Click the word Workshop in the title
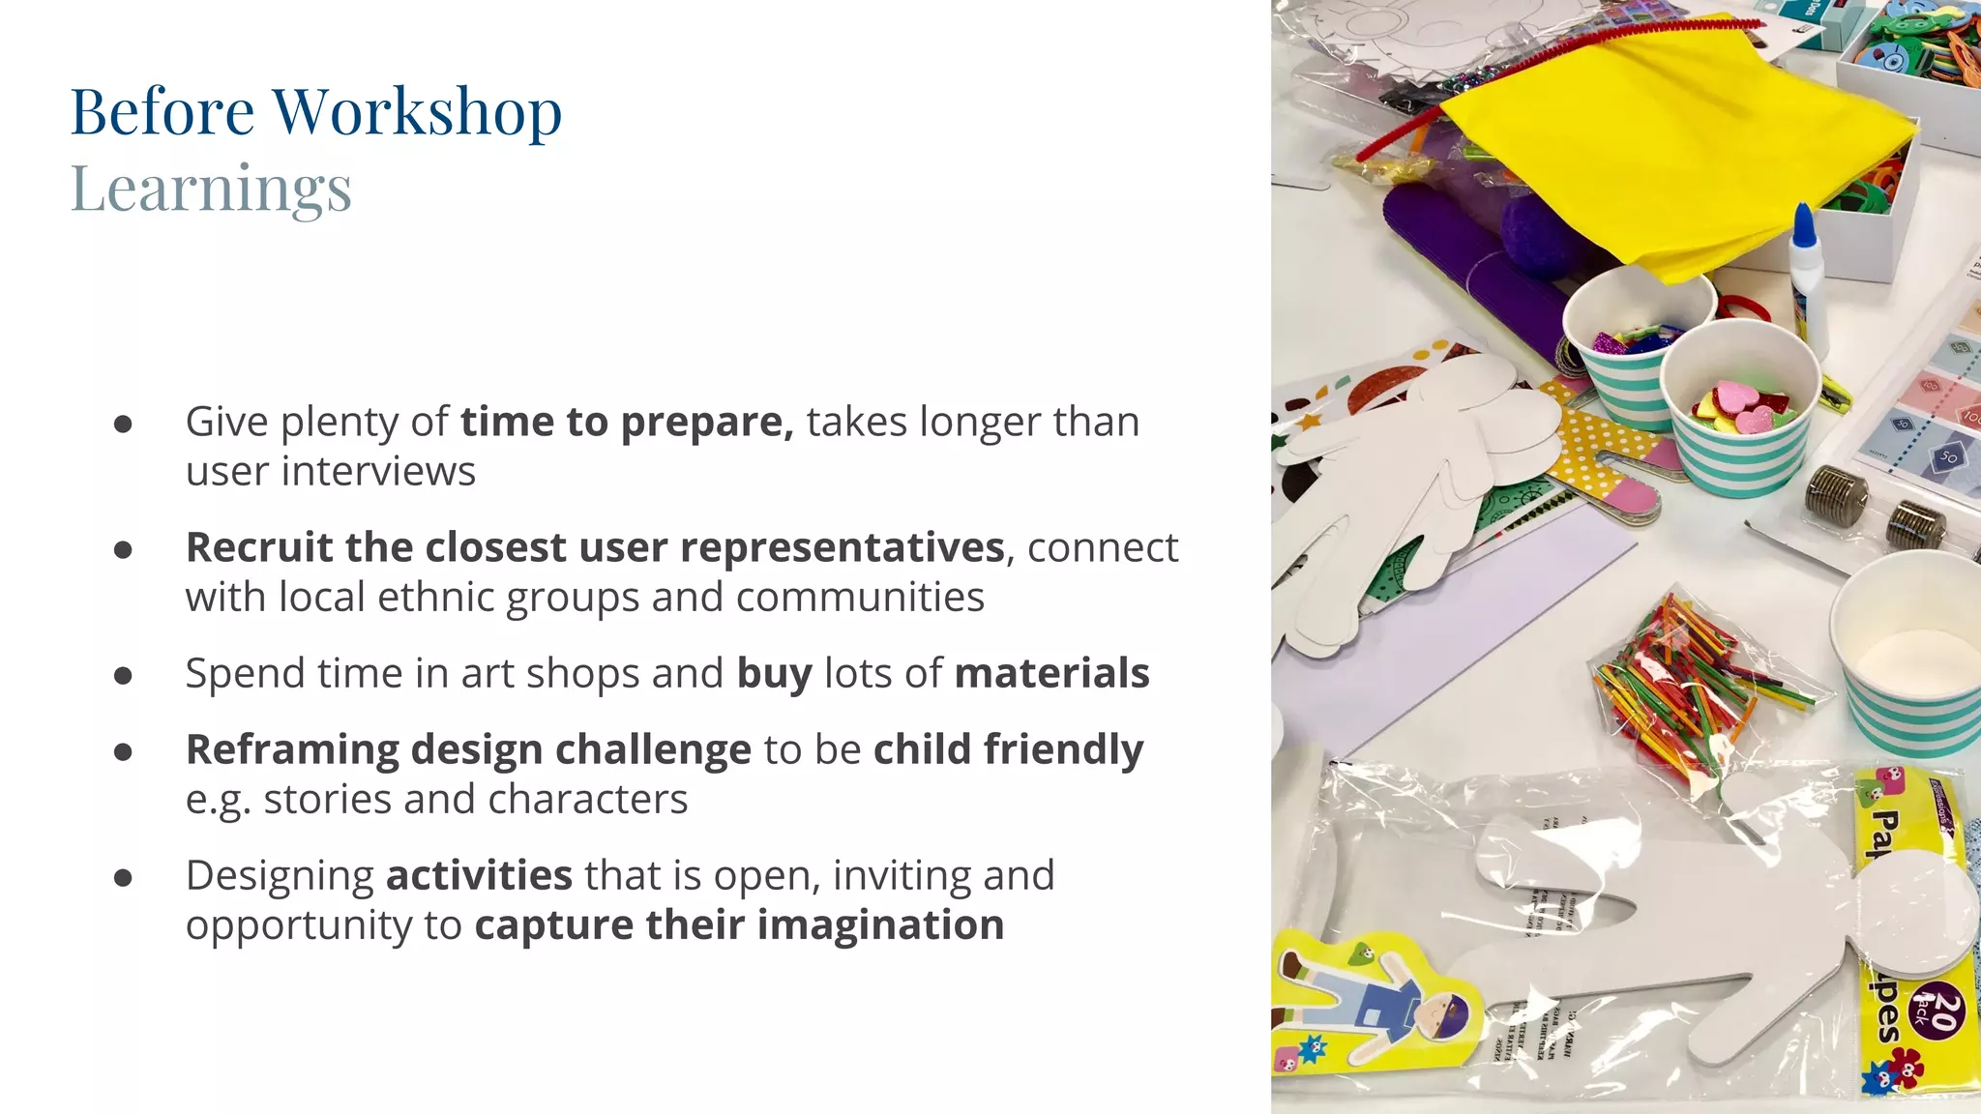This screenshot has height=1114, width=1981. pyautogui.click(x=417, y=112)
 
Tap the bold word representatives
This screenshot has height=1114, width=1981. pyautogui.click(x=842, y=547)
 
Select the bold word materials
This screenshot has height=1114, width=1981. pyautogui.click(x=1051, y=673)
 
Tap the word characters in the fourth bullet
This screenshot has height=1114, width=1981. pyautogui.click(x=587, y=800)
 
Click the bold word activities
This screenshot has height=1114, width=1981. pyautogui.click(x=479, y=875)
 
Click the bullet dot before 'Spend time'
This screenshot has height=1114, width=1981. pyautogui.click(x=123, y=675)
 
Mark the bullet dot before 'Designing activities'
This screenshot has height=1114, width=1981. pyautogui.click(x=123, y=877)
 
